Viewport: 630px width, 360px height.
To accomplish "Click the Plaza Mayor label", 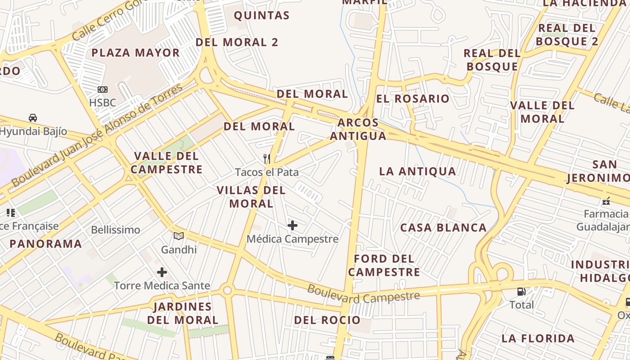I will tap(135, 53).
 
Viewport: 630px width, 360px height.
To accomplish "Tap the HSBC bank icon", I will tap(103, 90).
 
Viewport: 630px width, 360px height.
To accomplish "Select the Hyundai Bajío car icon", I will tap(33, 118).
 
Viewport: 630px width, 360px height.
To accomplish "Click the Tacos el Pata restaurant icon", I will tap(267, 158).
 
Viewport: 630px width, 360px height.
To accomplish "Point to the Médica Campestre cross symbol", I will tap(292, 225).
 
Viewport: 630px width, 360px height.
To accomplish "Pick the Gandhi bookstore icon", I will tap(179, 236).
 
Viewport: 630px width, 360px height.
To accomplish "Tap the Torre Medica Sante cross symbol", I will tap(162, 272).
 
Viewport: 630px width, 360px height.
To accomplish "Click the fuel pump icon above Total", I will tap(522, 292).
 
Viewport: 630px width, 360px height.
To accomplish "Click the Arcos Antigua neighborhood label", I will tap(358, 129).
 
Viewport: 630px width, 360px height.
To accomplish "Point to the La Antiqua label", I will tap(418, 171).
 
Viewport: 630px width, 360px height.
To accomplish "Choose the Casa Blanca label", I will tap(443, 228).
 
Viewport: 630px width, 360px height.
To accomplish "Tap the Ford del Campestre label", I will tap(384, 265).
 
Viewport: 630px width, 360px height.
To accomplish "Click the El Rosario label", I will tap(413, 99).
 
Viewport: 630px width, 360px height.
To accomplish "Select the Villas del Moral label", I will tap(251, 197).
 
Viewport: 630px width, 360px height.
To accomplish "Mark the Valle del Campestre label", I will tap(166, 163).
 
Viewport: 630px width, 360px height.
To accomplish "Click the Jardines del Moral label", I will tap(183, 313).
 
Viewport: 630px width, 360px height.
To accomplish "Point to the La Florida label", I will tap(538, 338).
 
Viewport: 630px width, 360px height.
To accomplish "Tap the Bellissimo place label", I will tap(116, 230).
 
